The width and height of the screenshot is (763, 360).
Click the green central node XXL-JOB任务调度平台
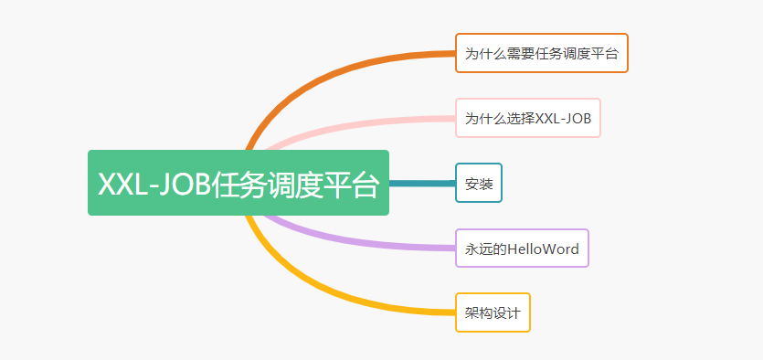point(238,183)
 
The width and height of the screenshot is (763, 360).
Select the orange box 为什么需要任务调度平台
point(541,53)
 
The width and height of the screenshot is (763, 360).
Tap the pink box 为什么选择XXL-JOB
point(527,118)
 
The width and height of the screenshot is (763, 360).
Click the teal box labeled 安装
point(479,183)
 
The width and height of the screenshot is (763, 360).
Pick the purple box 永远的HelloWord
point(522,248)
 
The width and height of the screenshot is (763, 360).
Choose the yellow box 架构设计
point(493,312)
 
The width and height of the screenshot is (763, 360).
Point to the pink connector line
point(366,122)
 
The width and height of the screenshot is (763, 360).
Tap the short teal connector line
point(421,183)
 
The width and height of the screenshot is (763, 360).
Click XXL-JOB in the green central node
point(153,184)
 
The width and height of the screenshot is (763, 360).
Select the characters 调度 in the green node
point(293,184)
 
